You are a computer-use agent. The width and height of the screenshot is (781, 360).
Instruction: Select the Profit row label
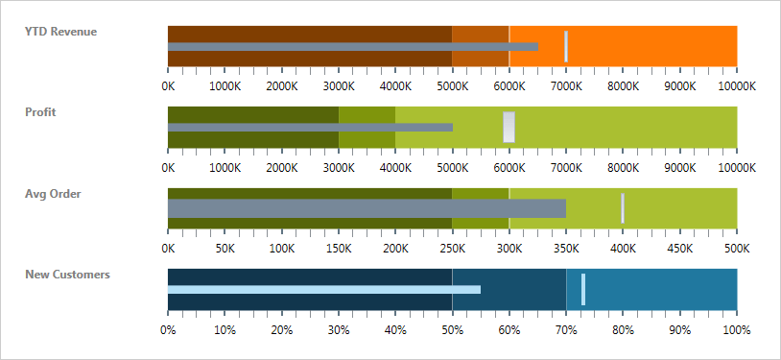click(x=40, y=111)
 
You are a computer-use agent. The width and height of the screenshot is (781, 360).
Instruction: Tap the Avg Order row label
click(x=53, y=193)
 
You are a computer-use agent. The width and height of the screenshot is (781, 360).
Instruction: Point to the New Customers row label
click(x=67, y=274)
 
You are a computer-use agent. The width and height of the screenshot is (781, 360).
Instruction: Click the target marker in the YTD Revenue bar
click(x=566, y=46)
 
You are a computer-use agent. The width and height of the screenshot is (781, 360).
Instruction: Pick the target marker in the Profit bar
click(x=509, y=127)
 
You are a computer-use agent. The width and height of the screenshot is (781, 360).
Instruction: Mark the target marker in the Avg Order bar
click(x=623, y=208)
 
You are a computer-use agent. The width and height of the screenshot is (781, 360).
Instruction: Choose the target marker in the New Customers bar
click(x=583, y=289)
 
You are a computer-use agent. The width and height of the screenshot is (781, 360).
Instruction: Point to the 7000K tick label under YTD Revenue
click(x=566, y=85)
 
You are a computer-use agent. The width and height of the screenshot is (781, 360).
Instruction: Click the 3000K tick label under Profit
click(x=339, y=167)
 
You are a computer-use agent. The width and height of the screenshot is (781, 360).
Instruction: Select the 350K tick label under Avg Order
click(x=566, y=248)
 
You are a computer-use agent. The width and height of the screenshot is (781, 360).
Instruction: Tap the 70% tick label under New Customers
click(x=566, y=330)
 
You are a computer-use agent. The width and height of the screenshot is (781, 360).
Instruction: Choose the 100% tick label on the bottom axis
click(x=736, y=330)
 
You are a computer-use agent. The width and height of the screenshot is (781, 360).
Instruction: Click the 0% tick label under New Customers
click(x=168, y=330)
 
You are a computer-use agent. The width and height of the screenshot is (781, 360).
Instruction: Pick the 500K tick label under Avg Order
click(x=736, y=248)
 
